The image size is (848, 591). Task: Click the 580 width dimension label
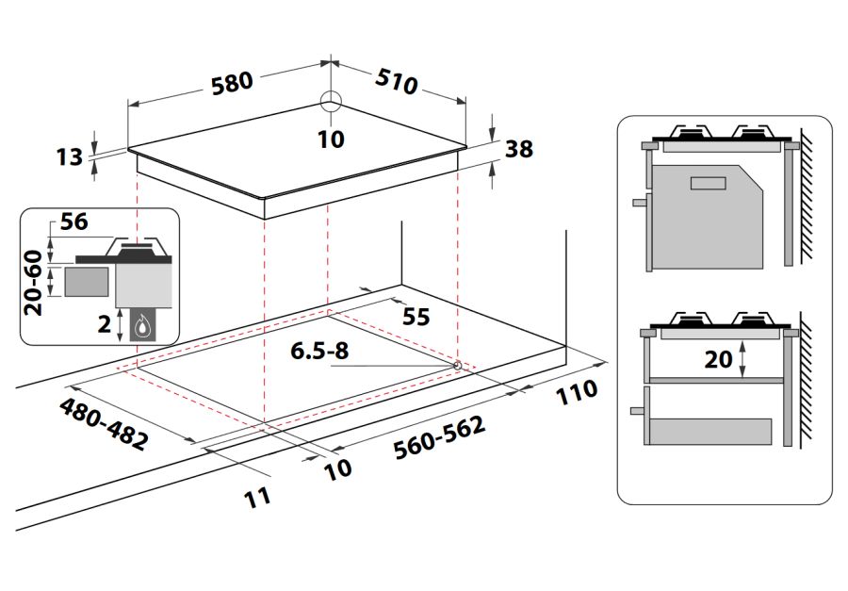pyautogui.click(x=232, y=82)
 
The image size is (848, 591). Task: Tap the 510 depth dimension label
pyautogui.click(x=397, y=82)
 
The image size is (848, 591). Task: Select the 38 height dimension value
pyautogui.click(x=519, y=149)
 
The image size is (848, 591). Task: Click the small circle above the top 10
pyautogui.click(x=331, y=102)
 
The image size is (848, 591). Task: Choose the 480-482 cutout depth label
pyautogui.click(x=103, y=423)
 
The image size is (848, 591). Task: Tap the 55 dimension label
pyautogui.click(x=416, y=317)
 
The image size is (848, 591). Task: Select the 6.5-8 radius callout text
pyautogui.click(x=319, y=352)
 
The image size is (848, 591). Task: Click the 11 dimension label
pyautogui.click(x=256, y=495)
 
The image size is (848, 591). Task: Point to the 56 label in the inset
pyautogui.click(x=73, y=223)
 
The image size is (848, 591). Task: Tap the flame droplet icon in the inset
pyautogui.click(x=142, y=326)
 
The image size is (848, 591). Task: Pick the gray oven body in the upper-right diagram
pyautogui.click(x=707, y=217)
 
